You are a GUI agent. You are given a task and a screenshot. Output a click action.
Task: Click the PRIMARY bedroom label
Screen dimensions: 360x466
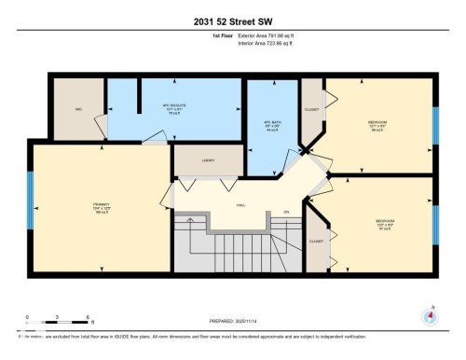(x=101, y=205)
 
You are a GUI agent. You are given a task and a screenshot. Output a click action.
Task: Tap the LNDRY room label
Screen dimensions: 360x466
(x=209, y=160)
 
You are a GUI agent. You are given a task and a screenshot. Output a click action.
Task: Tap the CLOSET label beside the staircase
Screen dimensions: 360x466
(x=317, y=241)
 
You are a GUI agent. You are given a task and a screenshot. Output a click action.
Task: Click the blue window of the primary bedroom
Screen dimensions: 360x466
(x=30, y=207)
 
